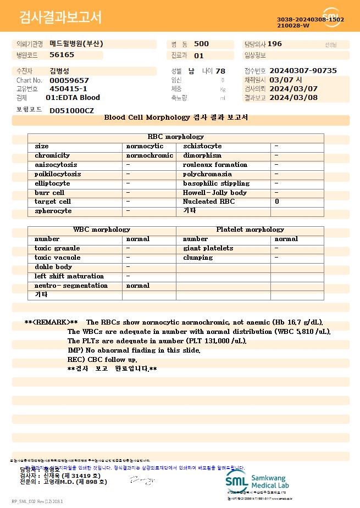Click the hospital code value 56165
62,55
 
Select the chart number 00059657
69,80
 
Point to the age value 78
220,71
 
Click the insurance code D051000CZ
71,110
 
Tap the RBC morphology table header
176,137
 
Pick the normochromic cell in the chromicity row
149,155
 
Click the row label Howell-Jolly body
215,193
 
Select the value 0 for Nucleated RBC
277,202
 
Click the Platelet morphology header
250,230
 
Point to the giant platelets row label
208,248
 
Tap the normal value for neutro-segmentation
138,286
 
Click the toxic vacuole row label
58,258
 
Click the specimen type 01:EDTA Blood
73,98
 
